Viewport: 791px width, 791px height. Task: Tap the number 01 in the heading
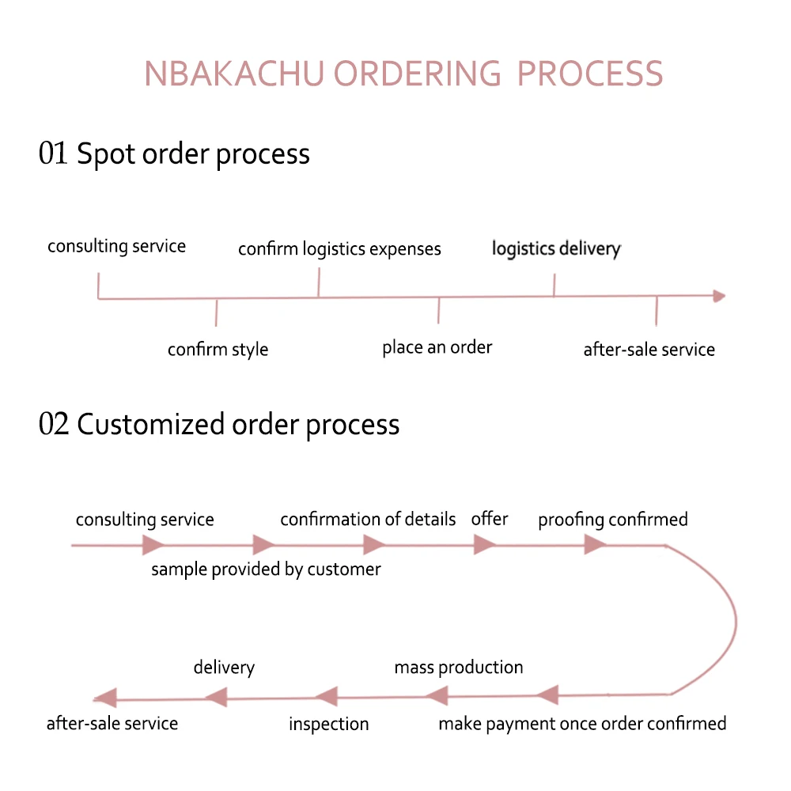(54, 153)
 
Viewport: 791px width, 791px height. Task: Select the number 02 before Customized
(54, 425)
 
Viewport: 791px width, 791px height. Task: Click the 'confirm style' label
(218, 350)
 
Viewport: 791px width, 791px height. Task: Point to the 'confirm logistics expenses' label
(339, 249)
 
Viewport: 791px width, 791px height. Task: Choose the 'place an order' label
(437, 347)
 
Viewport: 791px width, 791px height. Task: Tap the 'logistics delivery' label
(556, 249)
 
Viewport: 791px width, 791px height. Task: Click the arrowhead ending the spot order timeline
(719, 296)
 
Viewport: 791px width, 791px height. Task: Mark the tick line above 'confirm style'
(216, 312)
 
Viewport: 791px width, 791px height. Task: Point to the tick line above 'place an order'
(438, 310)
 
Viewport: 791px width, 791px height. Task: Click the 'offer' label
(490, 519)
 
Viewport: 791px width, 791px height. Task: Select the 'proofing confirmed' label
(613, 520)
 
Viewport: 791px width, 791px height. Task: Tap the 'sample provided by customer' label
(266, 569)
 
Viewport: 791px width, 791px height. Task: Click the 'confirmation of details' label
(368, 520)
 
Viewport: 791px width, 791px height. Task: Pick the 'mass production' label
(459, 667)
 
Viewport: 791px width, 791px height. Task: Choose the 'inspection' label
(328, 724)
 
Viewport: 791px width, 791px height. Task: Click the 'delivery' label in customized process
(224, 667)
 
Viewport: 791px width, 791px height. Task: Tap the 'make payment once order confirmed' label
(582, 724)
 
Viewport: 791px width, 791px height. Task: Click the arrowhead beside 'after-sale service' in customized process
(105, 698)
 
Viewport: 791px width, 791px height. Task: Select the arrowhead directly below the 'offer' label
(484, 545)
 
